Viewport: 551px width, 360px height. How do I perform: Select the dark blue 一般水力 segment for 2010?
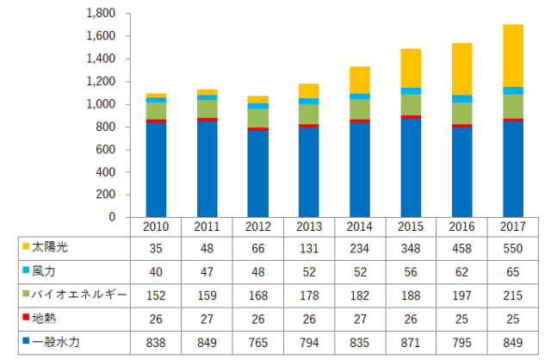pos(156,170)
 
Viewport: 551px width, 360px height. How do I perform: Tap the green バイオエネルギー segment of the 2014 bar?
pos(360,109)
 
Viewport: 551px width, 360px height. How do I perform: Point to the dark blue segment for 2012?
pos(258,174)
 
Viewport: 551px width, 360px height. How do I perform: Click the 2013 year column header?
pos(309,227)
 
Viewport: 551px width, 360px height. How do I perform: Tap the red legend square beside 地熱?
pos(25,319)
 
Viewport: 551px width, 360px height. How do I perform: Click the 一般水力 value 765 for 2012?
pos(258,342)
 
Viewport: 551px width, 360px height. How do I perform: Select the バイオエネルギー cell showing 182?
pos(360,295)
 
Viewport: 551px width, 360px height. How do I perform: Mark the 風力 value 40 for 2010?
pos(156,271)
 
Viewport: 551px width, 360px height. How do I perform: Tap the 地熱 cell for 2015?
pos(412,319)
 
